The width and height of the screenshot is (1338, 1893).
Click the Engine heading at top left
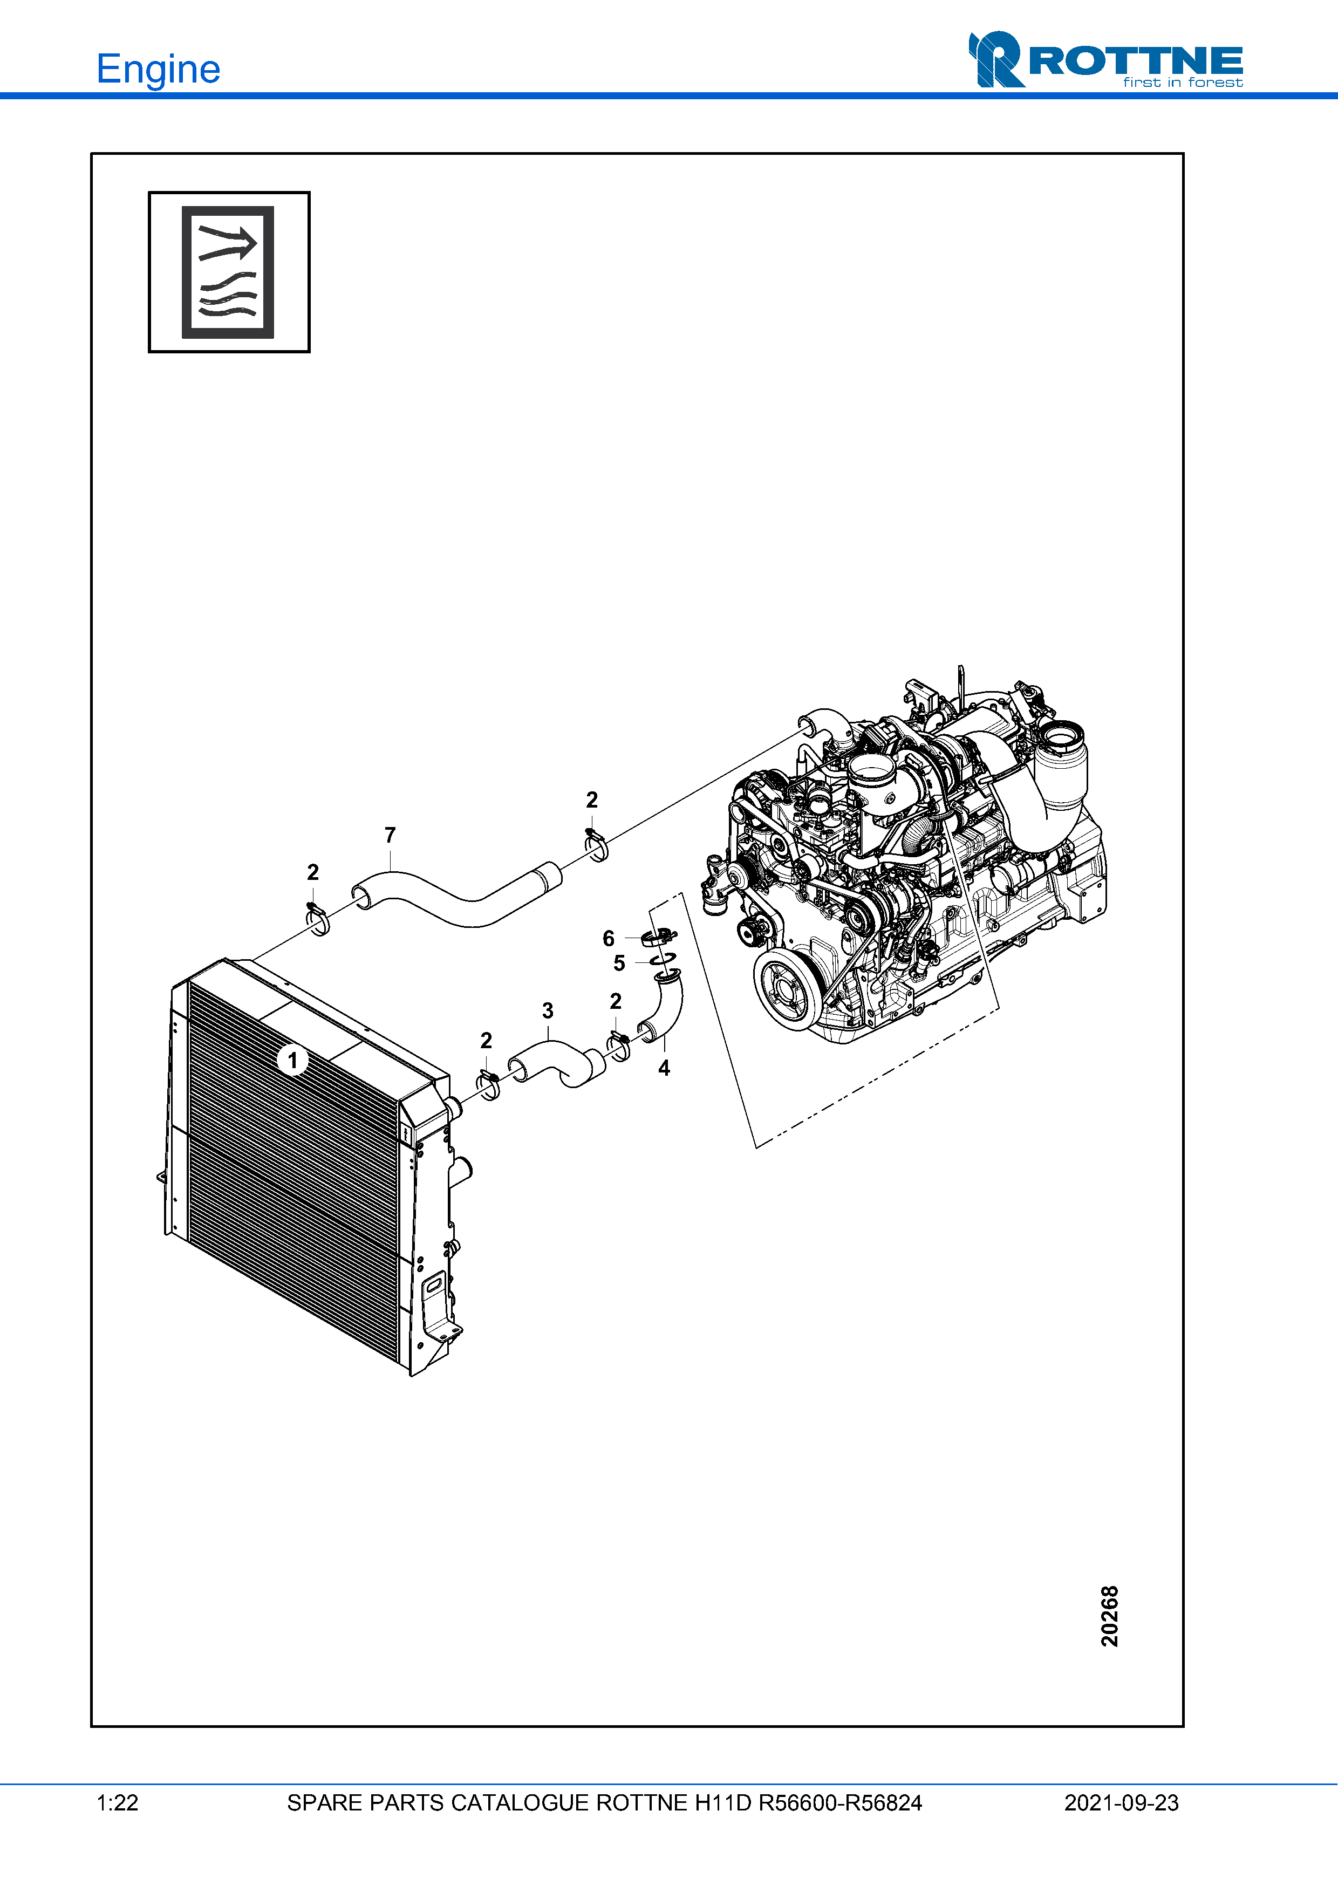click(x=158, y=69)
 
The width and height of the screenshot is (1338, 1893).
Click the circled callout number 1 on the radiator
click(x=292, y=1060)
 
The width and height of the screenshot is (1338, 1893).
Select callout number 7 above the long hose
click(x=390, y=835)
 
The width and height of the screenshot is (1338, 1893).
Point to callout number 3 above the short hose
click(x=548, y=1011)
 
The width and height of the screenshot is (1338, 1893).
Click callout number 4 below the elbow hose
click(x=664, y=1069)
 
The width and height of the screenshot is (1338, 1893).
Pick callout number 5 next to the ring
click(x=619, y=963)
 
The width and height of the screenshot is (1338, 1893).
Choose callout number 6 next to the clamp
click(x=609, y=938)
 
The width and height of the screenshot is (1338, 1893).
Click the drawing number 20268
click(x=1110, y=1616)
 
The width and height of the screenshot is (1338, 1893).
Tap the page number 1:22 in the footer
click(x=117, y=1803)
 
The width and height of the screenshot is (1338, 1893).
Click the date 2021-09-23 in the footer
click(x=1121, y=1803)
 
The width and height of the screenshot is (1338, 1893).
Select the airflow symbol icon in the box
click(x=228, y=272)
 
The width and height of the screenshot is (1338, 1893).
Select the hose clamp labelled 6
click(x=658, y=937)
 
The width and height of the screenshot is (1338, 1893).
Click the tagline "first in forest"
click(x=1182, y=83)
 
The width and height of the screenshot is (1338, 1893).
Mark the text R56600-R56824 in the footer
click(x=839, y=1803)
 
